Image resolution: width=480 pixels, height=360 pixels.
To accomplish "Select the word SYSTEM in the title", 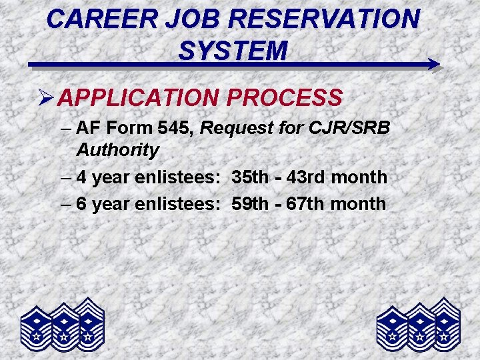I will tap(233, 49).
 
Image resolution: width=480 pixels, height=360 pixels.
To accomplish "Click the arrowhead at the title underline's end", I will tap(433, 65).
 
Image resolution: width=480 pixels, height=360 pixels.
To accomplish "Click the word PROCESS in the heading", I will tap(285, 98).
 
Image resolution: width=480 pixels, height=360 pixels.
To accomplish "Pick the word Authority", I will tap(117, 150).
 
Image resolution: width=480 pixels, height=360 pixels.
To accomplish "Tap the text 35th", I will tap(249, 177).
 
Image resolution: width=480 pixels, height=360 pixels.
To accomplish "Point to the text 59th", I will tap(249, 204).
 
